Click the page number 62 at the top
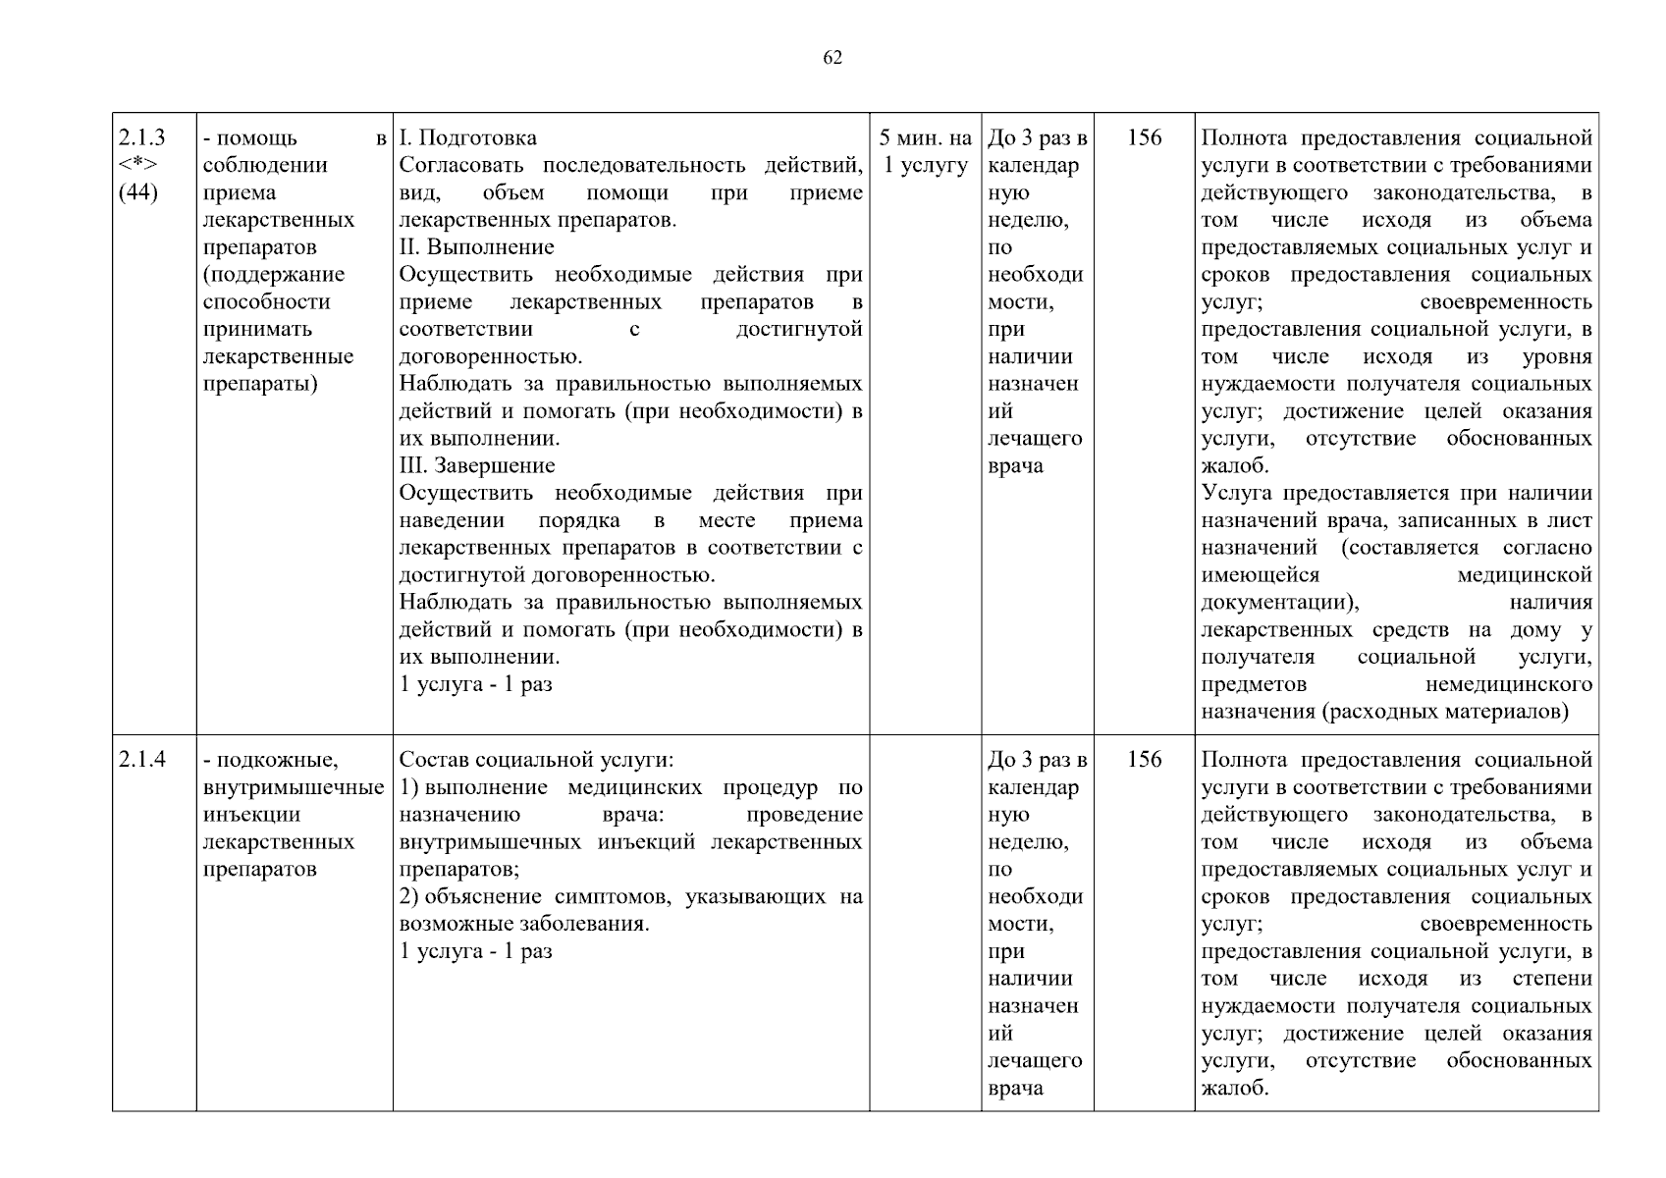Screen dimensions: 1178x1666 pyautogui.click(x=832, y=58)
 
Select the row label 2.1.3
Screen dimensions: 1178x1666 pyautogui.click(x=141, y=137)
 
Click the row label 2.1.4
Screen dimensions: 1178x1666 pyautogui.click(x=141, y=760)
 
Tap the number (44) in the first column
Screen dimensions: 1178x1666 pyautogui.click(x=138, y=192)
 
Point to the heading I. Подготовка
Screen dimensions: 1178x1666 pyautogui.click(x=468, y=137)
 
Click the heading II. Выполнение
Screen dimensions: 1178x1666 pyautogui.click(x=476, y=247)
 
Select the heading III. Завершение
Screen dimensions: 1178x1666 pyautogui.click(x=477, y=465)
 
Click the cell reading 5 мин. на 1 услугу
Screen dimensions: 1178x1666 pyautogui.click(x=925, y=151)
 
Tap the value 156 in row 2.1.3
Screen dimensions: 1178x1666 pyautogui.click(x=1144, y=137)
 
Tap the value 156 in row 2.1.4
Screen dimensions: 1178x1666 pyautogui.click(x=1144, y=760)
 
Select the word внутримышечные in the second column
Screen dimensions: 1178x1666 pyautogui.click(x=294, y=787)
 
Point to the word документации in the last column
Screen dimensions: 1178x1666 pyautogui.click(x=1279, y=602)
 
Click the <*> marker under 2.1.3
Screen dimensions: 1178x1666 pyautogui.click(x=137, y=165)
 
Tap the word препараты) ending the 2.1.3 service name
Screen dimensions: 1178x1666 pyautogui.click(x=260, y=384)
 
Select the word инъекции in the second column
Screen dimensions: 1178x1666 pyautogui.click(x=251, y=815)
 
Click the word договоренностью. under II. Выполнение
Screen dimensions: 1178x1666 pyautogui.click(x=491, y=356)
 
